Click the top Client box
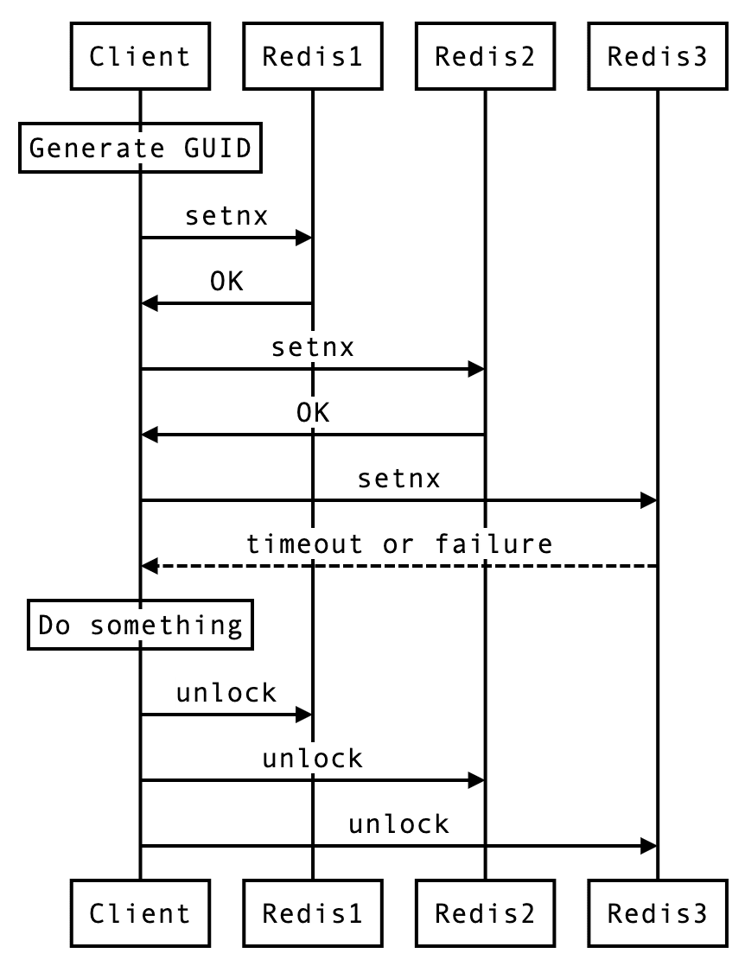[139, 57]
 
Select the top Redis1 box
[312, 57]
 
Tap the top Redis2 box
[485, 57]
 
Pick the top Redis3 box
[657, 57]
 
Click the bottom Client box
[139, 912]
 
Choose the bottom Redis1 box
[312, 912]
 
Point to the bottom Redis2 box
[485, 912]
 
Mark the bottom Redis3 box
[657, 912]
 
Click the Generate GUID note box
[140, 148]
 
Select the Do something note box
[140, 625]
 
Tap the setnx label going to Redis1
[226, 216]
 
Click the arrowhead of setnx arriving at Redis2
[476, 370]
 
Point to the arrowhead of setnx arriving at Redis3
[648, 500]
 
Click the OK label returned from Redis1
[226, 282]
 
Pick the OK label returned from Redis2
[313, 413]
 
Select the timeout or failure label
[398, 544]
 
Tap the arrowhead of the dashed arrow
[150, 566]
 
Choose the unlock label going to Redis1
[226, 693]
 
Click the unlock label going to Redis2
[313, 759]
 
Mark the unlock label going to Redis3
[398, 824]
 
